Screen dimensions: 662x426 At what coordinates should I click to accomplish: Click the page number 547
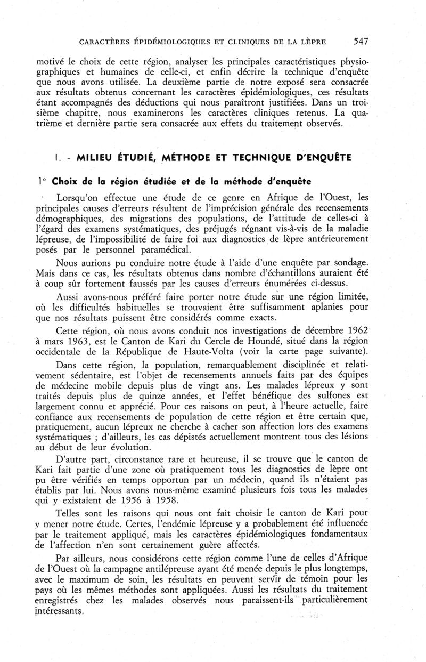coord(360,41)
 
